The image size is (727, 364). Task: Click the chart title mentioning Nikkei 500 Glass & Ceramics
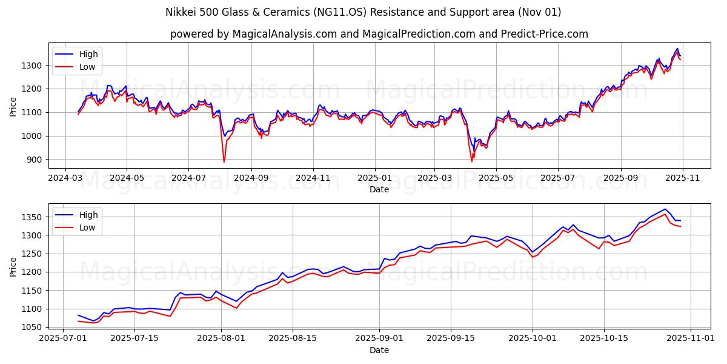coord(363,12)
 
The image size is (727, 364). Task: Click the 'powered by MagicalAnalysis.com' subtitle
coord(379,34)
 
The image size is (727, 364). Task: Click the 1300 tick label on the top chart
coord(33,66)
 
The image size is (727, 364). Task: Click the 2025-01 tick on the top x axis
coord(375,179)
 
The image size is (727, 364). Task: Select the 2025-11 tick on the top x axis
coord(683,179)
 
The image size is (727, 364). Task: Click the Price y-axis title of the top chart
coord(13,106)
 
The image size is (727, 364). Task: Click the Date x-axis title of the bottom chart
coord(379,350)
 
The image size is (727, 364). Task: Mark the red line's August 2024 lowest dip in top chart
coord(224,162)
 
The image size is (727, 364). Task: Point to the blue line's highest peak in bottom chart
coord(665,209)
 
